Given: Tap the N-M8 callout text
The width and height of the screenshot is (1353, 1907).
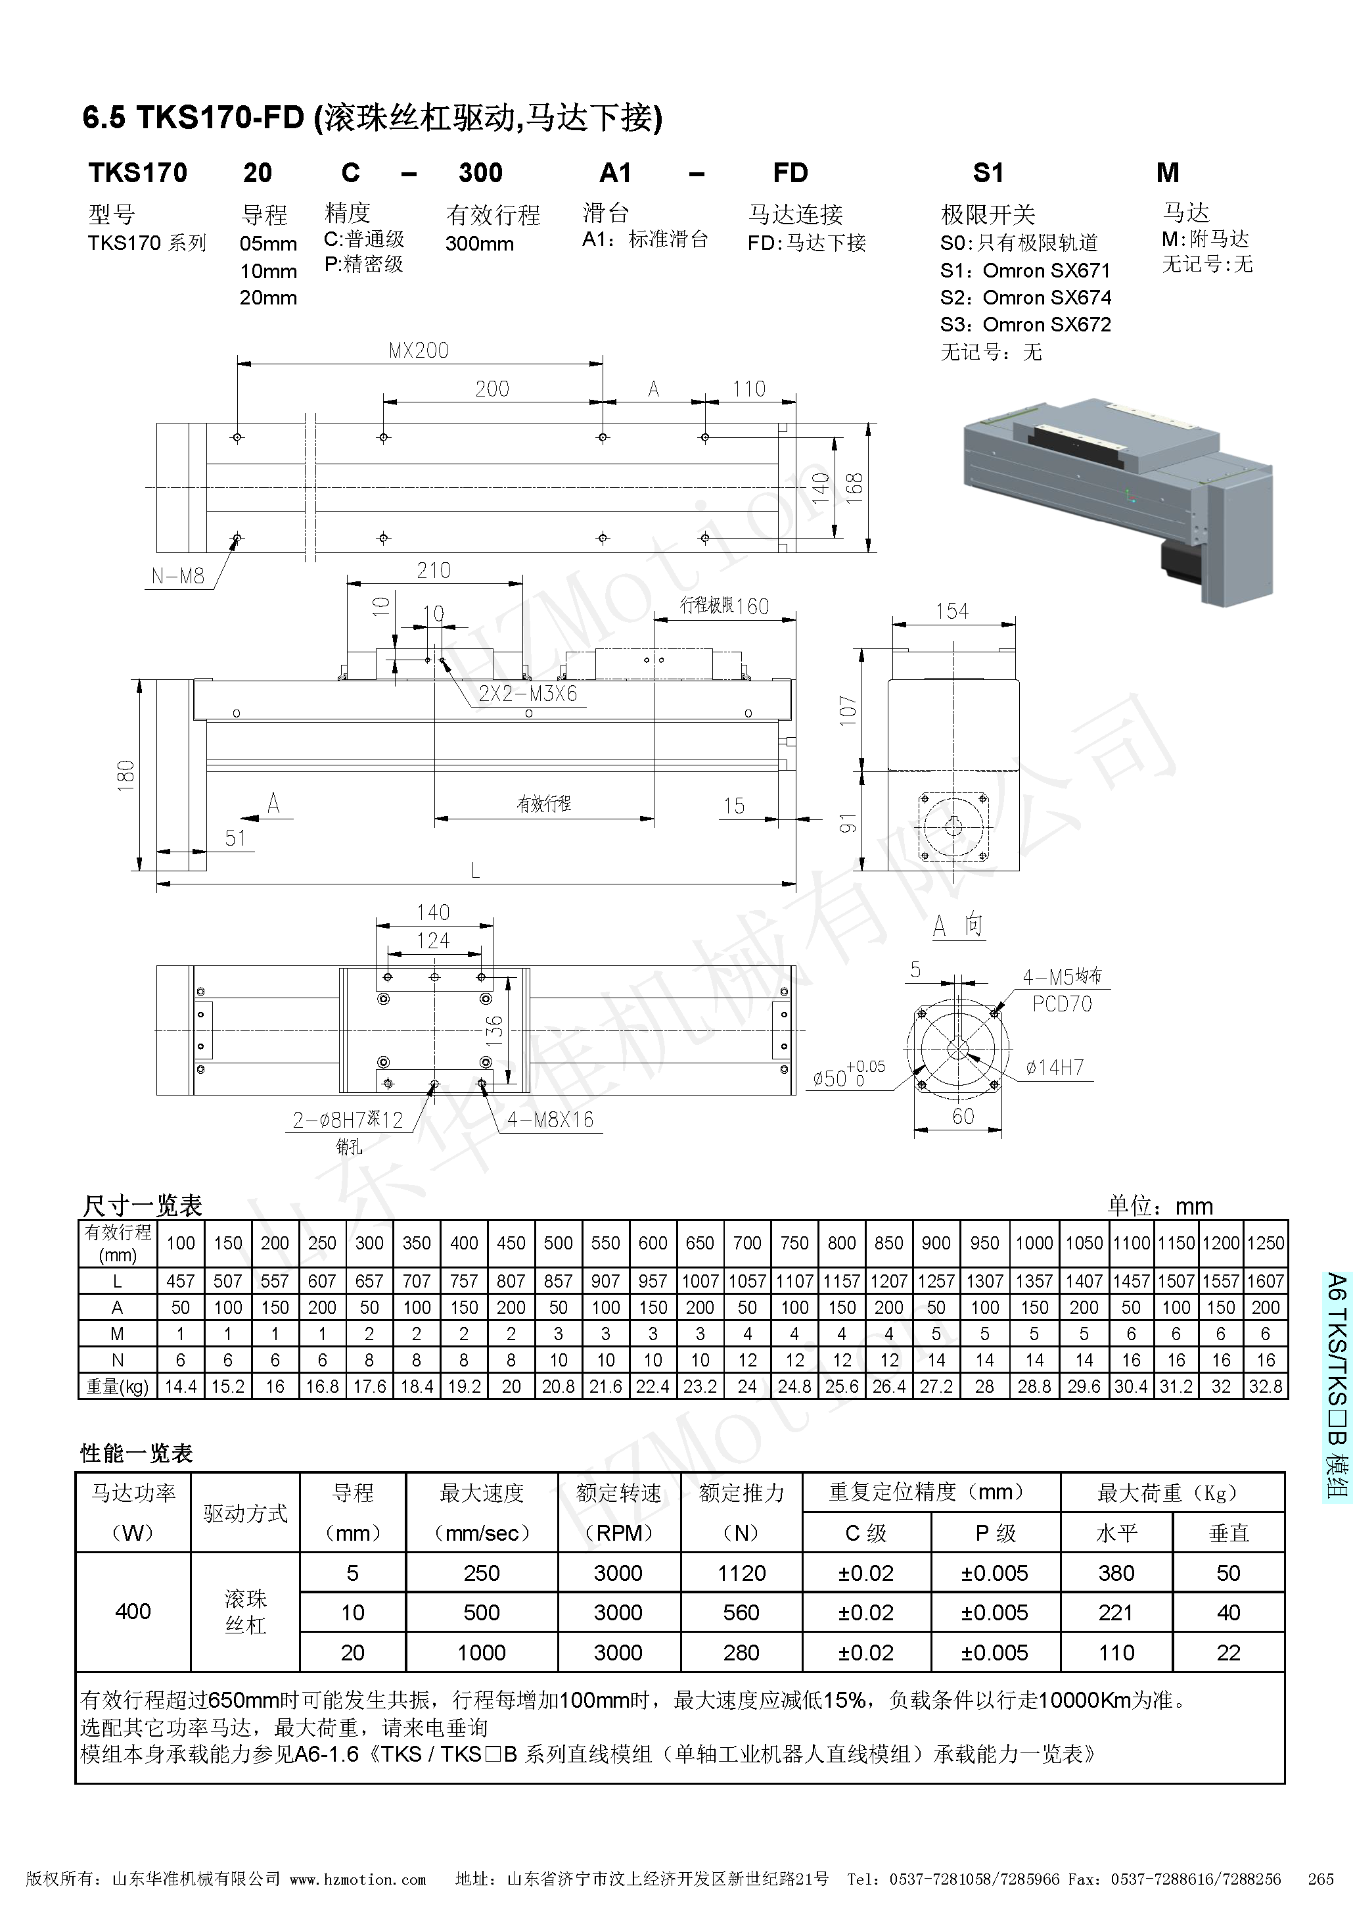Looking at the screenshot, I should [x=177, y=576].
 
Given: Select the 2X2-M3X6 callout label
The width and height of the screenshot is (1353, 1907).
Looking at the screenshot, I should [x=528, y=694].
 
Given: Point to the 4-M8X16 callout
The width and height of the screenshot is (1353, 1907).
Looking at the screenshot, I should [x=551, y=1119].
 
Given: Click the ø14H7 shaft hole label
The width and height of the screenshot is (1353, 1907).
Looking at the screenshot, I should [x=1055, y=1068].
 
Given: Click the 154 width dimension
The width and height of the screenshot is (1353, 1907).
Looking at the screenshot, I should [x=952, y=612].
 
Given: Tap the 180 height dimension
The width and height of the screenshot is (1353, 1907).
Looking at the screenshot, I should [x=126, y=775].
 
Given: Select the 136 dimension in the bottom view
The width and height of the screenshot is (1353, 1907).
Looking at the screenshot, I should [x=495, y=1031].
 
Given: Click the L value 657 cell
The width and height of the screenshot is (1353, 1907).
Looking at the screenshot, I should [x=369, y=1281].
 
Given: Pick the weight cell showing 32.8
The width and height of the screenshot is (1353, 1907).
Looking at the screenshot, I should [x=1265, y=1386].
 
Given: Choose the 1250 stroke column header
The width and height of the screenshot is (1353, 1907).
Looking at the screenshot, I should [x=1265, y=1243].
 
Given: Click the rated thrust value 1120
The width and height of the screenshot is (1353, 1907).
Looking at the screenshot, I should [x=741, y=1573].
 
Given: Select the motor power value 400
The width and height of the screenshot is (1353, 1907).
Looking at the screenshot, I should [x=133, y=1611].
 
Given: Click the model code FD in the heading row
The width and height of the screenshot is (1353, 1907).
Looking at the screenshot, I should [x=790, y=174].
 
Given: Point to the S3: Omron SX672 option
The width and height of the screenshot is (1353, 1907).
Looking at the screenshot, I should [x=1026, y=325].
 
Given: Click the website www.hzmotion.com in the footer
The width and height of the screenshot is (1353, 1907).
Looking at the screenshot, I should [x=357, y=1879].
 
